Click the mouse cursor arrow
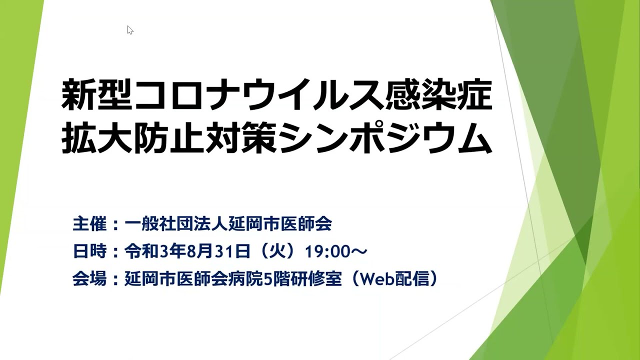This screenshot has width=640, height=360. pos(130,30)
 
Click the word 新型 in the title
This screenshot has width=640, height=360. pos(97,95)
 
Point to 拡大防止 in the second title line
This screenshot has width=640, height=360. pos(132,138)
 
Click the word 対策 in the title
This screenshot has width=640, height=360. pos(241,138)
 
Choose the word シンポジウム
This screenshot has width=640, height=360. pos(385,138)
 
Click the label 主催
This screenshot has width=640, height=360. pos(89,223)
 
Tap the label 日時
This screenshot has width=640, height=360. pos(89,251)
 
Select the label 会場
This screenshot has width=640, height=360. pos(89,278)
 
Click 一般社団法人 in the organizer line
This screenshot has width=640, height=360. pos(176,223)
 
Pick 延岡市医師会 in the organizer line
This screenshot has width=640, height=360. pos(280,223)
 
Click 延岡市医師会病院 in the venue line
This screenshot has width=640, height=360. pos(193,278)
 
